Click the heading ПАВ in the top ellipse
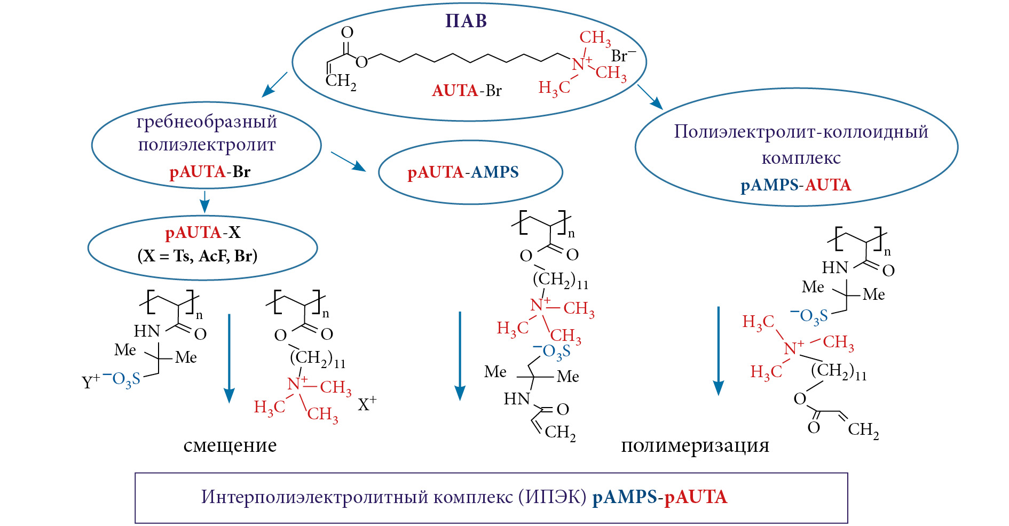[466, 21]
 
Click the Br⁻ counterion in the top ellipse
[623, 56]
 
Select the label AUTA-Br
[467, 91]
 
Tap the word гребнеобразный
[207, 122]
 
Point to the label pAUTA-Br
[210, 172]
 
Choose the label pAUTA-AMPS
[463, 172]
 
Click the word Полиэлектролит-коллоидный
[801, 132]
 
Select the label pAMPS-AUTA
[795, 185]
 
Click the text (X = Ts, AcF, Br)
[198, 256]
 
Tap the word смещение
[230, 445]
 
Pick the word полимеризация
[695, 445]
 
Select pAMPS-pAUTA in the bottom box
[660, 497]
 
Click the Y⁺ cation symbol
[90, 382]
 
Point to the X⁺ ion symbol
[367, 404]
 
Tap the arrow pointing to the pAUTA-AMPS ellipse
[348, 161]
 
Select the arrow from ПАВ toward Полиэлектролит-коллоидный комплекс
[650, 97]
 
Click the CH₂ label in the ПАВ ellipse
[341, 82]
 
